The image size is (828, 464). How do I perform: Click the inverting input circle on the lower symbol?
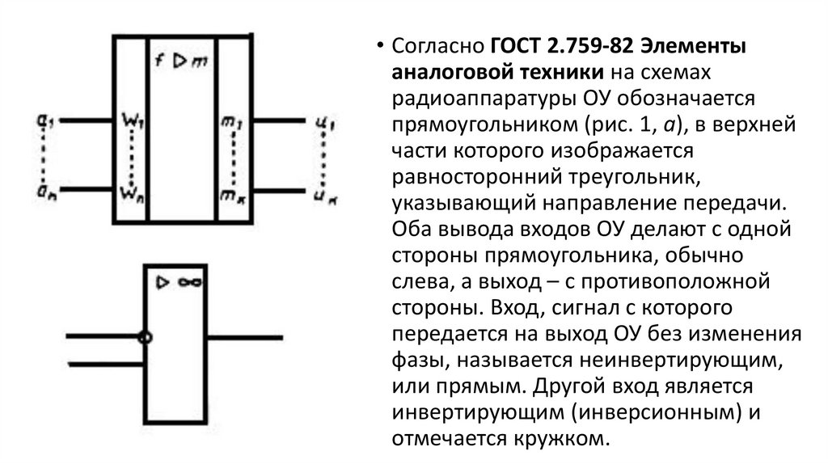146,338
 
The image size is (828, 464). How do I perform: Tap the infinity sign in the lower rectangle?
190,283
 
